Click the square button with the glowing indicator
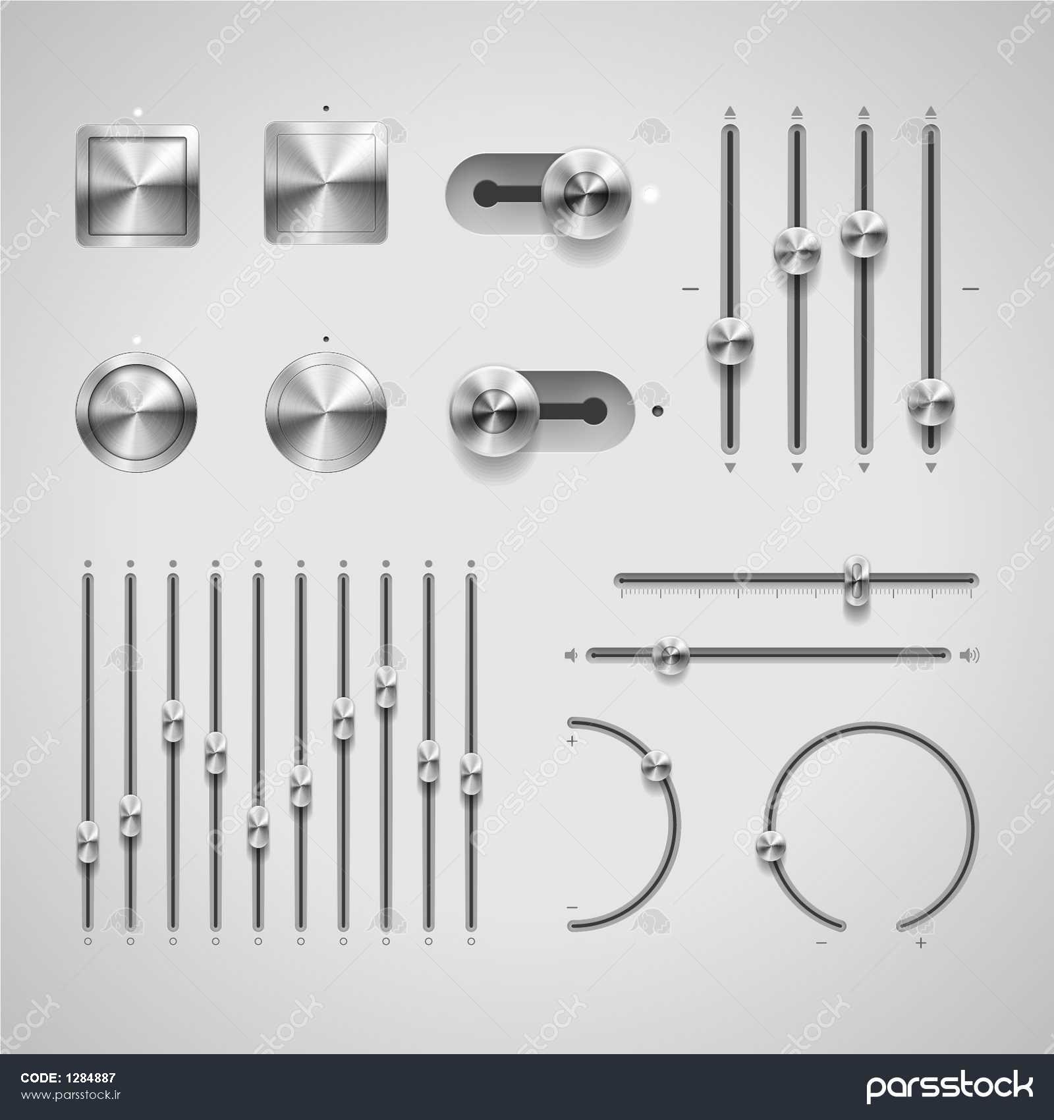coord(137,186)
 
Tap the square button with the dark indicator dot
coord(326,182)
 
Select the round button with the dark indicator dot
coord(326,412)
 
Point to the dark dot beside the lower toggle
coord(656,412)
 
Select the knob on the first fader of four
coord(729,341)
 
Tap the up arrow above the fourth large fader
coord(930,112)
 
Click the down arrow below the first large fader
coord(729,467)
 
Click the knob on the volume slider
coord(671,655)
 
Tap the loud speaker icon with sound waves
coord(970,655)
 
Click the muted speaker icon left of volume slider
coord(571,655)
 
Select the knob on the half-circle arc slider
coord(656,766)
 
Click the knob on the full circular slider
coord(771,845)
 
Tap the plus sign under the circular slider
coord(921,943)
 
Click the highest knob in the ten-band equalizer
coord(386,687)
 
